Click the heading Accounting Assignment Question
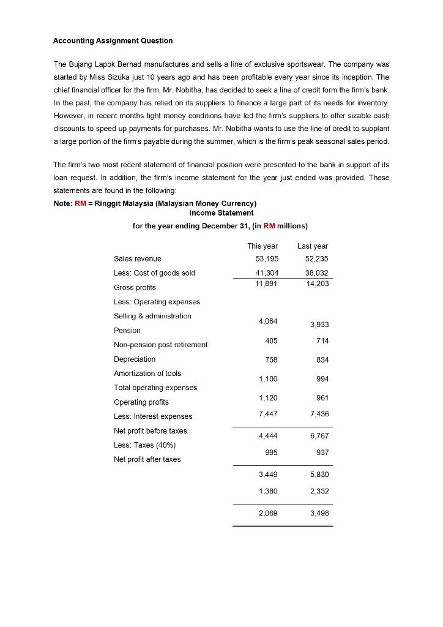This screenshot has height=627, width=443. [x=113, y=40]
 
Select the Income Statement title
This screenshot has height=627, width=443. [x=221, y=213]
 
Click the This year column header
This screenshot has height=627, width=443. [x=262, y=246]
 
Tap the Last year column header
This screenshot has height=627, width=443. [x=313, y=246]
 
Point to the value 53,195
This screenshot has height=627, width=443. [x=262, y=258]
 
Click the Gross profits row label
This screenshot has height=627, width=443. [x=135, y=287]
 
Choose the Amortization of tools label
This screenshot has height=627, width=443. [x=147, y=373]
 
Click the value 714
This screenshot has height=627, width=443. [x=322, y=340]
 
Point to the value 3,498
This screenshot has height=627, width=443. [x=318, y=513]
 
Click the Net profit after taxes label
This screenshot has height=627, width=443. [x=147, y=459]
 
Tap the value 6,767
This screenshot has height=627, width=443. [x=318, y=436]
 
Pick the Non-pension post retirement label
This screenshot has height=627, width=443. [x=160, y=345]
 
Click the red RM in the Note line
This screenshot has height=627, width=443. [x=80, y=203]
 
